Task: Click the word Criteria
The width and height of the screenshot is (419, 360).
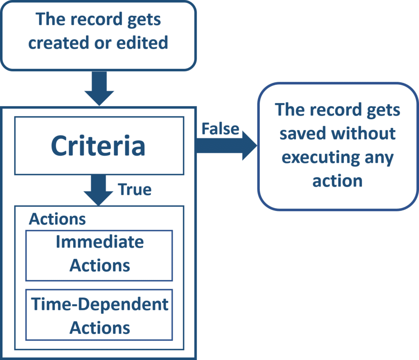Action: (x=98, y=146)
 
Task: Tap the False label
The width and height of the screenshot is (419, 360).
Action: (x=220, y=129)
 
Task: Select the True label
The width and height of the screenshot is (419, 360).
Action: (x=135, y=190)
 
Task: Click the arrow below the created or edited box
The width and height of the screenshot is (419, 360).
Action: (x=99, y=88)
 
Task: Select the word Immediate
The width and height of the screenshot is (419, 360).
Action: (x=99, y=242)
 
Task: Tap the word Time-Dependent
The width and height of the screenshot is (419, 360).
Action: (x=100, y=304)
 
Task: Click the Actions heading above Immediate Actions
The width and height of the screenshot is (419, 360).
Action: (x=57, y=219)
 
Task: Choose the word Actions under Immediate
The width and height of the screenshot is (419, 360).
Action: (x=99, y=265)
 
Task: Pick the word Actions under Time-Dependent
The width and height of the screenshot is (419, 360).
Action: (x=99, y=328)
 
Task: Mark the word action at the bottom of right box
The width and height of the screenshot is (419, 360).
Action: (x=337, y=181)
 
